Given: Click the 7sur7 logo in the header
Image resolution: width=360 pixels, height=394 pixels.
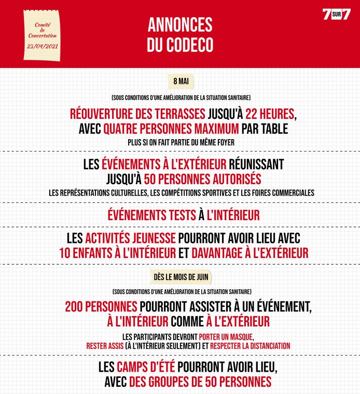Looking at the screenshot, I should click(337, 15).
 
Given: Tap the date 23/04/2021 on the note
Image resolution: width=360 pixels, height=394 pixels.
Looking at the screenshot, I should click(43, 46).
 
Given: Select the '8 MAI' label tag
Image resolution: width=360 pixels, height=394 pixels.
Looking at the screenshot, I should click(181, 81).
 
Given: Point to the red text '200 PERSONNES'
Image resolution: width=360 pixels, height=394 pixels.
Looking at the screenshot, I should click(101, 307).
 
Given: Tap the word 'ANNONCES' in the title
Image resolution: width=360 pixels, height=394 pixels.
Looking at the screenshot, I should click(179, 25).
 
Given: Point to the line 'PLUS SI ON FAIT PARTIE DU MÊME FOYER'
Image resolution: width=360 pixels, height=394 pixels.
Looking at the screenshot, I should click(180, 141).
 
